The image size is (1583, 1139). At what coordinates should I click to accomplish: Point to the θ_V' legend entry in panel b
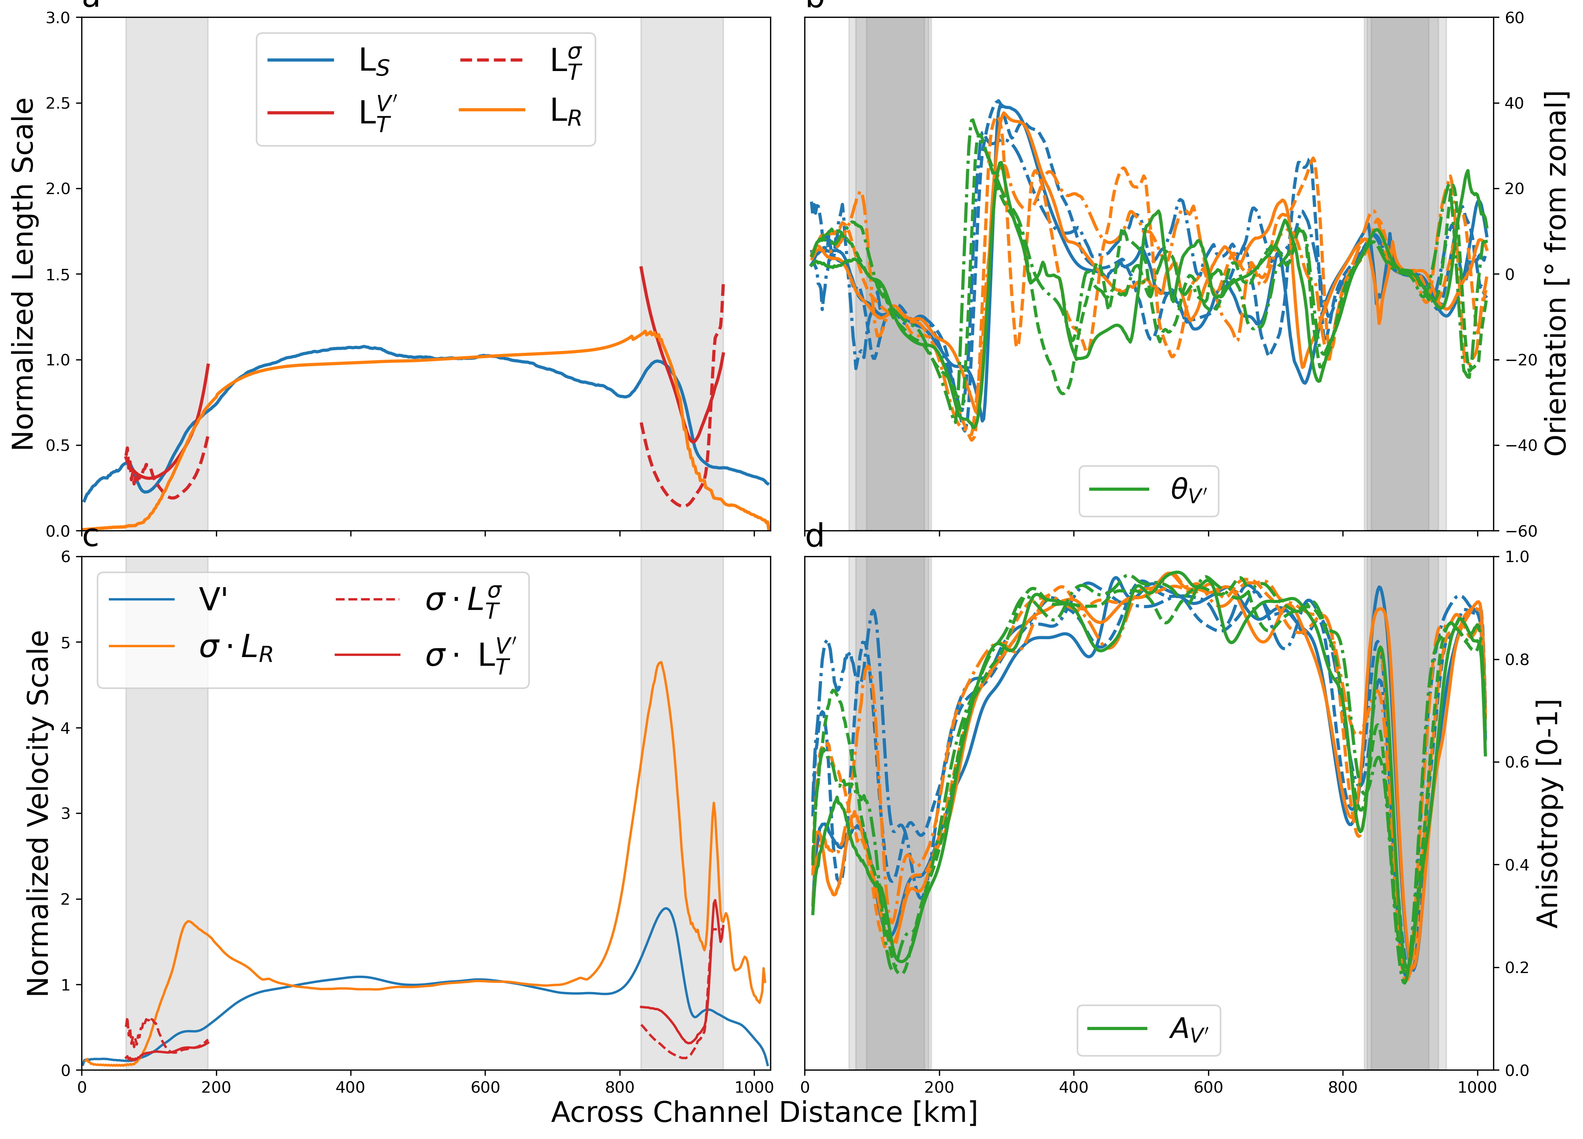tap(1148, 490)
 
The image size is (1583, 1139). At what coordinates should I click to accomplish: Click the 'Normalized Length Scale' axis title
tap(23, 274)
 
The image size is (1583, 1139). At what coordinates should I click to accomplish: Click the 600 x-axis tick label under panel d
tap(1208, 1087)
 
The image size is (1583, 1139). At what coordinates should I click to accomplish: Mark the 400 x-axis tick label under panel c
tap(350, 1087)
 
